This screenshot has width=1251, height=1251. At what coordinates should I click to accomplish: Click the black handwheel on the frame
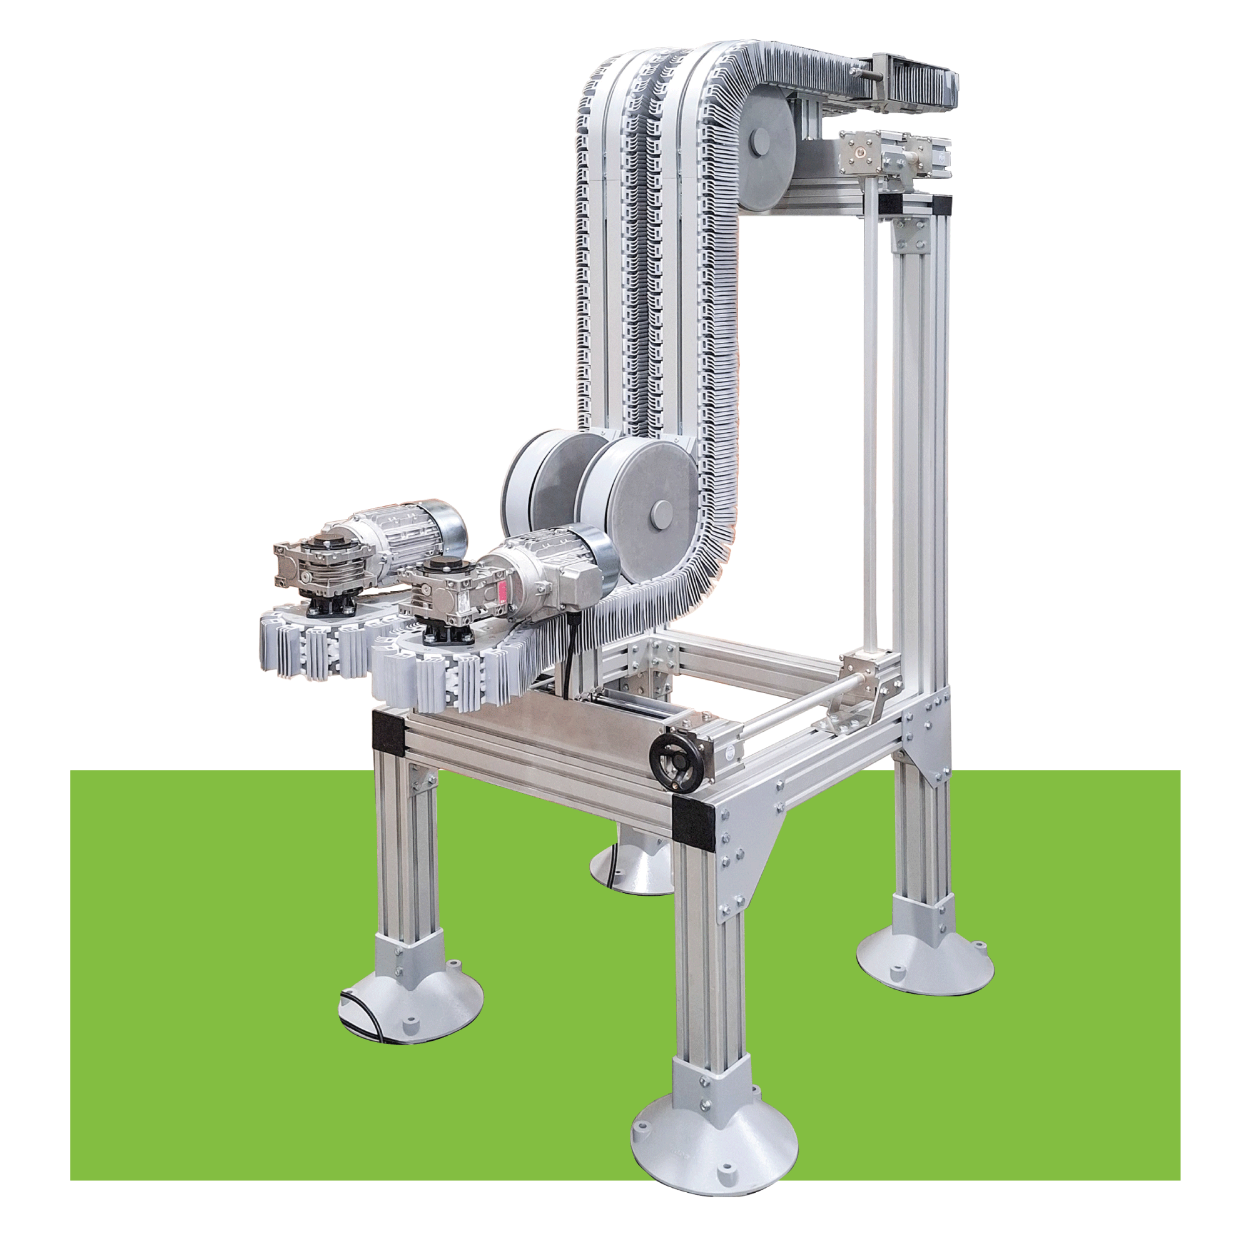tap(671, 753)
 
